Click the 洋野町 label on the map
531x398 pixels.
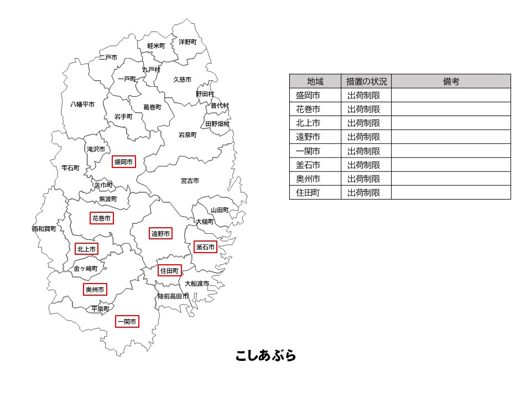tap(188, 41)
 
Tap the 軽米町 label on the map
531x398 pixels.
tap(156, 45)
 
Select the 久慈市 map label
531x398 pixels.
tap(182, 80)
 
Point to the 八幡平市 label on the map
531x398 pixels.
tap(82, 104)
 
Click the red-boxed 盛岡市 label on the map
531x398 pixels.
tap(123, 162)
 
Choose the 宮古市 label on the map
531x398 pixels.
tap(190, 181)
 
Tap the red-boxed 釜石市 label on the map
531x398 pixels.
tap(205, 247)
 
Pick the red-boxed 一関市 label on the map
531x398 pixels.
tap(127, 321)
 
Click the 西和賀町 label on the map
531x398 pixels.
tap(44, 229)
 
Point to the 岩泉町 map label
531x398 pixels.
tap(188, 135)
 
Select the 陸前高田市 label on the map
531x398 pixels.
tap(173, 296)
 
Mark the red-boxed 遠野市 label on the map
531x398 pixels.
tap(160, 234)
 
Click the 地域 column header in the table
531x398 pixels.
tap(315, 81)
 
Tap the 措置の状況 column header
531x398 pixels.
tap(366, 81)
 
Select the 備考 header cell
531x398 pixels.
tap(451, 81)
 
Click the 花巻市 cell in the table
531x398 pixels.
tap(308, 109)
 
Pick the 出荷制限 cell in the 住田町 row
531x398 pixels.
tap(364, 192)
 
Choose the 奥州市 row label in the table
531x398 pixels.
tap(308, 179)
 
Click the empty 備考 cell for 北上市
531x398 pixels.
tap(451, 123)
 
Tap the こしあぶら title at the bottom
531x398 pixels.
tap(265, 355)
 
